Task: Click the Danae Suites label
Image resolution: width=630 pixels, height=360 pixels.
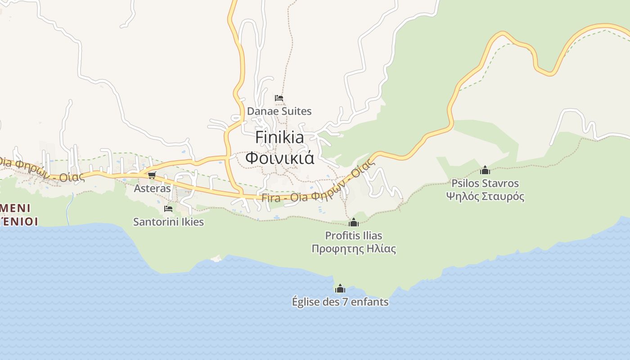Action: (279, 111)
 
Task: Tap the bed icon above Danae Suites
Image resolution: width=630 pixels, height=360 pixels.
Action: (279, 98)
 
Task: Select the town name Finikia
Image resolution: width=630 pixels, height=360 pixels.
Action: (279, 138)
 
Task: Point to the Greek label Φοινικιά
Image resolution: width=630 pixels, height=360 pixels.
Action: (279, 158)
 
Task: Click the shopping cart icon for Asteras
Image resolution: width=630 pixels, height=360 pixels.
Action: (152, 175)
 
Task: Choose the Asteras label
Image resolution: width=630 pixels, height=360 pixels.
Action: (152, 188)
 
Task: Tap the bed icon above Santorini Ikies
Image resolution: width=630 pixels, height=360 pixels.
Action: (168, 209)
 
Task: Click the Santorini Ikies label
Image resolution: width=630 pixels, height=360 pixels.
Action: (168, 222)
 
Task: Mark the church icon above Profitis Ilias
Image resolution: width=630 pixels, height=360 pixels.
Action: (354, 222)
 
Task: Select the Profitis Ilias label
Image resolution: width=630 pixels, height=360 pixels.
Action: (354, 235)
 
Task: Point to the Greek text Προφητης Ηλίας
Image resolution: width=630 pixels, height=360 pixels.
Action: (354, 248)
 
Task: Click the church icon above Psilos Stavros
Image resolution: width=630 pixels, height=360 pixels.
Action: (485, 170)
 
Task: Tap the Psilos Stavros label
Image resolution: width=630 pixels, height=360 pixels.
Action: (485, 184)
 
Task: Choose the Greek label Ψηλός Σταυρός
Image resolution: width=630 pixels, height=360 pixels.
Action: (485, 196)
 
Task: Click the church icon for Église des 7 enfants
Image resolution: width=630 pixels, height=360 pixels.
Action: (340, 288)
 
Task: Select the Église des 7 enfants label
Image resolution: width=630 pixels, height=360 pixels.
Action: (340, 301)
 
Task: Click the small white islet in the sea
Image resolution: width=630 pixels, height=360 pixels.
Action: (216, 258)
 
